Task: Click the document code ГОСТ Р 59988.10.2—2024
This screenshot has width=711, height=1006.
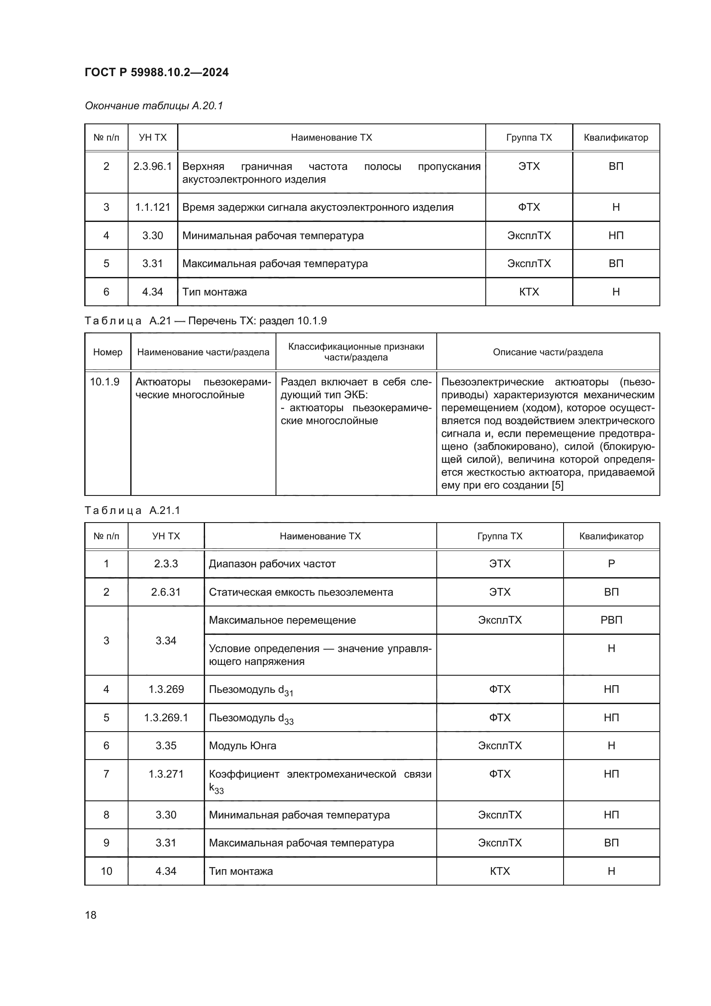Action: pos(156,72)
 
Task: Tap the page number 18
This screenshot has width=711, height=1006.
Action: pos(91,915)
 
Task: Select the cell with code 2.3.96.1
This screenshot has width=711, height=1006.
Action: pos(152,166)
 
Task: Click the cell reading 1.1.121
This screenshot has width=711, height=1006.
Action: pos(152,207)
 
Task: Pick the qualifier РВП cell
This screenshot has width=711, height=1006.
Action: pos(611,620)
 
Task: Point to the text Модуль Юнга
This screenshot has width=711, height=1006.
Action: pos(242,746)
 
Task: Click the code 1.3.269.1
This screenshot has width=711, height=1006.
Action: pos(166,718)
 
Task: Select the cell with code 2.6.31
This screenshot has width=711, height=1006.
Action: pos(166,592)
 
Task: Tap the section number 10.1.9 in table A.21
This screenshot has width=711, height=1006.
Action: pos(104,382)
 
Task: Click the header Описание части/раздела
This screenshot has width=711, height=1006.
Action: pos(548,352)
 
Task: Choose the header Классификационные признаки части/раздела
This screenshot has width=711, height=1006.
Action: pos(356,352)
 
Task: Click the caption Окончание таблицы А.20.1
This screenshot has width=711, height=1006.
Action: pos(153,106)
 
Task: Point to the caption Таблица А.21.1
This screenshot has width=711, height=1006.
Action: pos(132,511)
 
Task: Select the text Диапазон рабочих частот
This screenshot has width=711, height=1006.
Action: pos(272,564)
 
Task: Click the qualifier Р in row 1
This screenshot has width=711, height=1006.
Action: pos(611,564)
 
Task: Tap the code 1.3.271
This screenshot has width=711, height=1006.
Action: pos(166,774)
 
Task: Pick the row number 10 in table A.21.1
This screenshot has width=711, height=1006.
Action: pos(106,871)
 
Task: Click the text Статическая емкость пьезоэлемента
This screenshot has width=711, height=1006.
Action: pos(301,592)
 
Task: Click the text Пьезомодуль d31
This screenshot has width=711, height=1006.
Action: pos(251,690)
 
